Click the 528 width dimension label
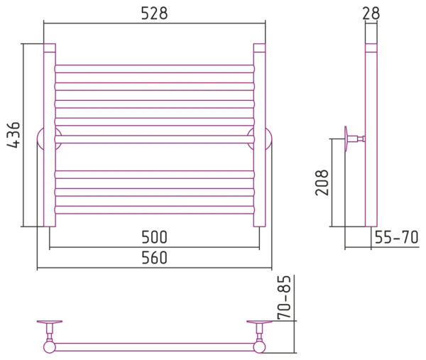(154, 13)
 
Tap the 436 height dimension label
(13, 135)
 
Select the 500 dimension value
(154, 237)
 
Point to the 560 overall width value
(154, 258)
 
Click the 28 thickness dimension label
(371, 13)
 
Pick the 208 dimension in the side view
(322, 182)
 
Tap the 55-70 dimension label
(396, 237)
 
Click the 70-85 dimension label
(284, 298)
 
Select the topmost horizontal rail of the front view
(155, 69)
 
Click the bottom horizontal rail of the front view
(155, 209)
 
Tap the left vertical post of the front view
(50, 135)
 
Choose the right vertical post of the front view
(259, 135)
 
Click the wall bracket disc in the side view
(346, 139)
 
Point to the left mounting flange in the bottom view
(50, 322)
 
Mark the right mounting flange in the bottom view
(259, 322)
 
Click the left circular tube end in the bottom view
(50, 347)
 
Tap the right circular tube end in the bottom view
(259, 347)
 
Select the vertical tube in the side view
(371, 135)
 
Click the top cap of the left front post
(50, 48)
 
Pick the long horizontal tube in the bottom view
(154, 347)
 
